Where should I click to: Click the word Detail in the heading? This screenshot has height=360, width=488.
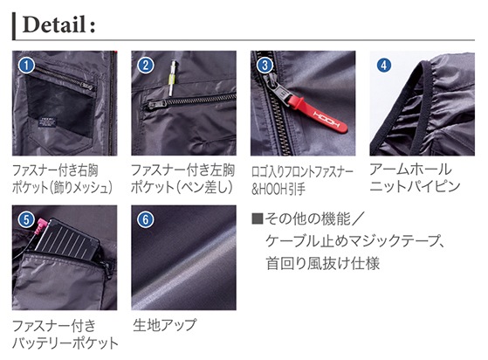tap(54, 24)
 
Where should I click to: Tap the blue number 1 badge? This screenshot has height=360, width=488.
tap(26, 66)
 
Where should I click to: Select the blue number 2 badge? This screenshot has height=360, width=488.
tap(146, 66)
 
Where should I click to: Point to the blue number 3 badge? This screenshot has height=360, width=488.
tap(265, 66)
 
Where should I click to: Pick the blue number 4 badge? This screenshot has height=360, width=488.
tap(384, 66)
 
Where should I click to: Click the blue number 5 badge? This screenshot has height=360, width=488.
tap(26, 220)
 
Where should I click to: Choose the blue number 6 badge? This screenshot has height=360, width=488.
tap(146, 220)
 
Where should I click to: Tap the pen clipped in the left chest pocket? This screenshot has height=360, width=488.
tap(172, 78)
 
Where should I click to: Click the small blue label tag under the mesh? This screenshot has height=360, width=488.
tap(47, 122)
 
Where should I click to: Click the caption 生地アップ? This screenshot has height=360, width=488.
tap(165, 325)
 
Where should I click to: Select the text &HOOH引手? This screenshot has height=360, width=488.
tap(278, 190)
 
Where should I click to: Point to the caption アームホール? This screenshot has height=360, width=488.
tap(410, 170)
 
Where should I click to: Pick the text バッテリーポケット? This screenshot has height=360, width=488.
tap(65, 343)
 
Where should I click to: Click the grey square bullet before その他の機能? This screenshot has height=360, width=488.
tap(257, 218)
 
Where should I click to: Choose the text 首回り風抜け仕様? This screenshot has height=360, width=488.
tap(323, 264)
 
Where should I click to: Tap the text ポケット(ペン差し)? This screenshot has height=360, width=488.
tap(182, 188)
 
